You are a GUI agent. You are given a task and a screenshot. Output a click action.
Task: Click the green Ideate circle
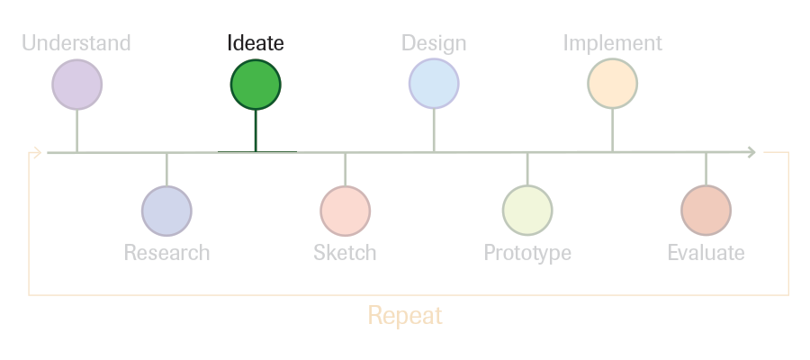point(256,85)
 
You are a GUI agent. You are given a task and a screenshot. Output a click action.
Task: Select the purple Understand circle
point(77,85)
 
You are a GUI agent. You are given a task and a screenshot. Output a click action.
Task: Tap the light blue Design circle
point(434,84)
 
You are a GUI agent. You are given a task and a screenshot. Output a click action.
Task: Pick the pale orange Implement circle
point(613,84)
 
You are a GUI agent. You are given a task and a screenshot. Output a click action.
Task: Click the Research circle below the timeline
point(166,211)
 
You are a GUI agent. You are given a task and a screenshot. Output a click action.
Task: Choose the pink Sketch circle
point(345,211)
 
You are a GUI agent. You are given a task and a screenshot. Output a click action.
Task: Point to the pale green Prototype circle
point(527,211)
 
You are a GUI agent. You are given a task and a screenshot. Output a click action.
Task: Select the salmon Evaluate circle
point(706,211)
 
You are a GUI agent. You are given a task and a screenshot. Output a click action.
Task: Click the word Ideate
point(256,43)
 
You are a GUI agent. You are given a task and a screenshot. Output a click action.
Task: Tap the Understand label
point(76,43)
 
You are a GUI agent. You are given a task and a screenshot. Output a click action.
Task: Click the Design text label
point(434,43)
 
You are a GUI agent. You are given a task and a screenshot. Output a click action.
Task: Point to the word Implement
point(613,43)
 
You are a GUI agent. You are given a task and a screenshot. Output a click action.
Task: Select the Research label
point(166,253)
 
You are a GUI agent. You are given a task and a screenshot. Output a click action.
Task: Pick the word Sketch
point(345,253)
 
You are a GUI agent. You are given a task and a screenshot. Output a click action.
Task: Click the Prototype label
point(527,253)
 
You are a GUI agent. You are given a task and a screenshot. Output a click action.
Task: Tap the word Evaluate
point(706,253)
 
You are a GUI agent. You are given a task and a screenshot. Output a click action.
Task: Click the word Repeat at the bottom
point(405,316)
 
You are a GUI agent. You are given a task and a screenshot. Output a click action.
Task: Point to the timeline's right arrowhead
point(752,152)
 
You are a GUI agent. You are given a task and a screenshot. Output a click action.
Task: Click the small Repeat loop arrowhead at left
point(37,152)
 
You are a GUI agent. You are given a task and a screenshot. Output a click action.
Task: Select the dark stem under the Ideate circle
point(256,130)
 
